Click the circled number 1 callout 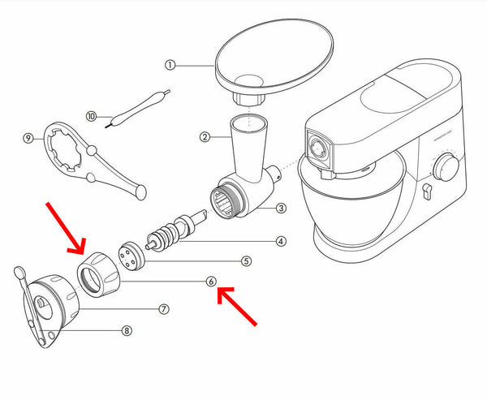170,64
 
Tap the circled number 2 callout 205,138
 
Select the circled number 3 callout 280,209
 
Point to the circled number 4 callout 280,241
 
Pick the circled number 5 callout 246,260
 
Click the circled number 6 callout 210,282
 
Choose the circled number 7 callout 164,309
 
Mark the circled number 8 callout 127,330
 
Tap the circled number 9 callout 28,138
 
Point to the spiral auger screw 171,231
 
